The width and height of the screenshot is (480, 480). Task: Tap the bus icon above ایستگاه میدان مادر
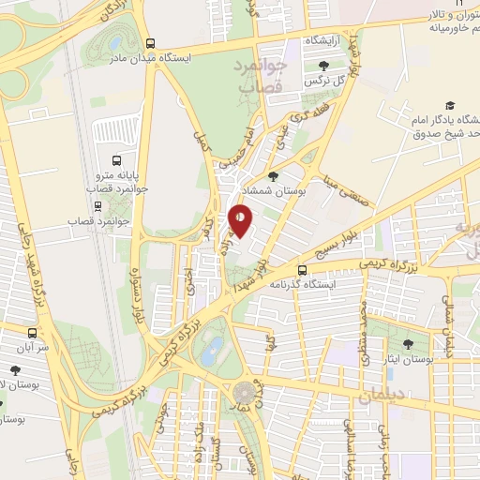coord(150,42)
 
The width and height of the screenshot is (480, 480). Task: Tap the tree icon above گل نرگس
coord(323,65)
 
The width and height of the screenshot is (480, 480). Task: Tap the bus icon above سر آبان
coord(33,333)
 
